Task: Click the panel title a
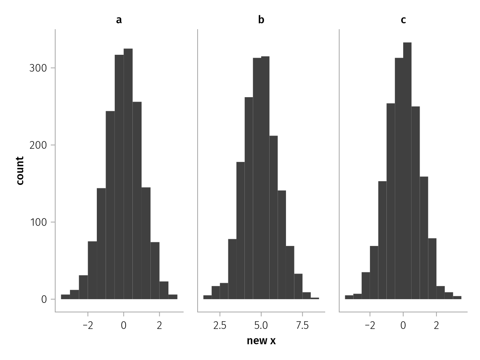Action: pyautogui.click(x=119, y=20)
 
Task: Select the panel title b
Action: pyautogui.click(x=261, y=20)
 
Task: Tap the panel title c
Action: pyautogui.click(x=403, y=20)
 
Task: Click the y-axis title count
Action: pyautogui.click(x=20, y=170)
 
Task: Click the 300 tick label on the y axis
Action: pyautogui.click(x=38, y=68)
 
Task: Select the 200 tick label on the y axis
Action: pyautogui.click(x=38, y=145)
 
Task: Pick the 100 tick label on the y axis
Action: pyautogui.click(x=38, y=222)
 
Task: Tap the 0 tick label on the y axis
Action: pyautogui.click(x=44, y=299)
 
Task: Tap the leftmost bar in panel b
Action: pyautogui.click(x=207, y=297)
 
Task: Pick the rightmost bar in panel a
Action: pyautogui.click(x=173, y=297)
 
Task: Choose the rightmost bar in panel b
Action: pyautogui.click(x=315, y=298)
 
